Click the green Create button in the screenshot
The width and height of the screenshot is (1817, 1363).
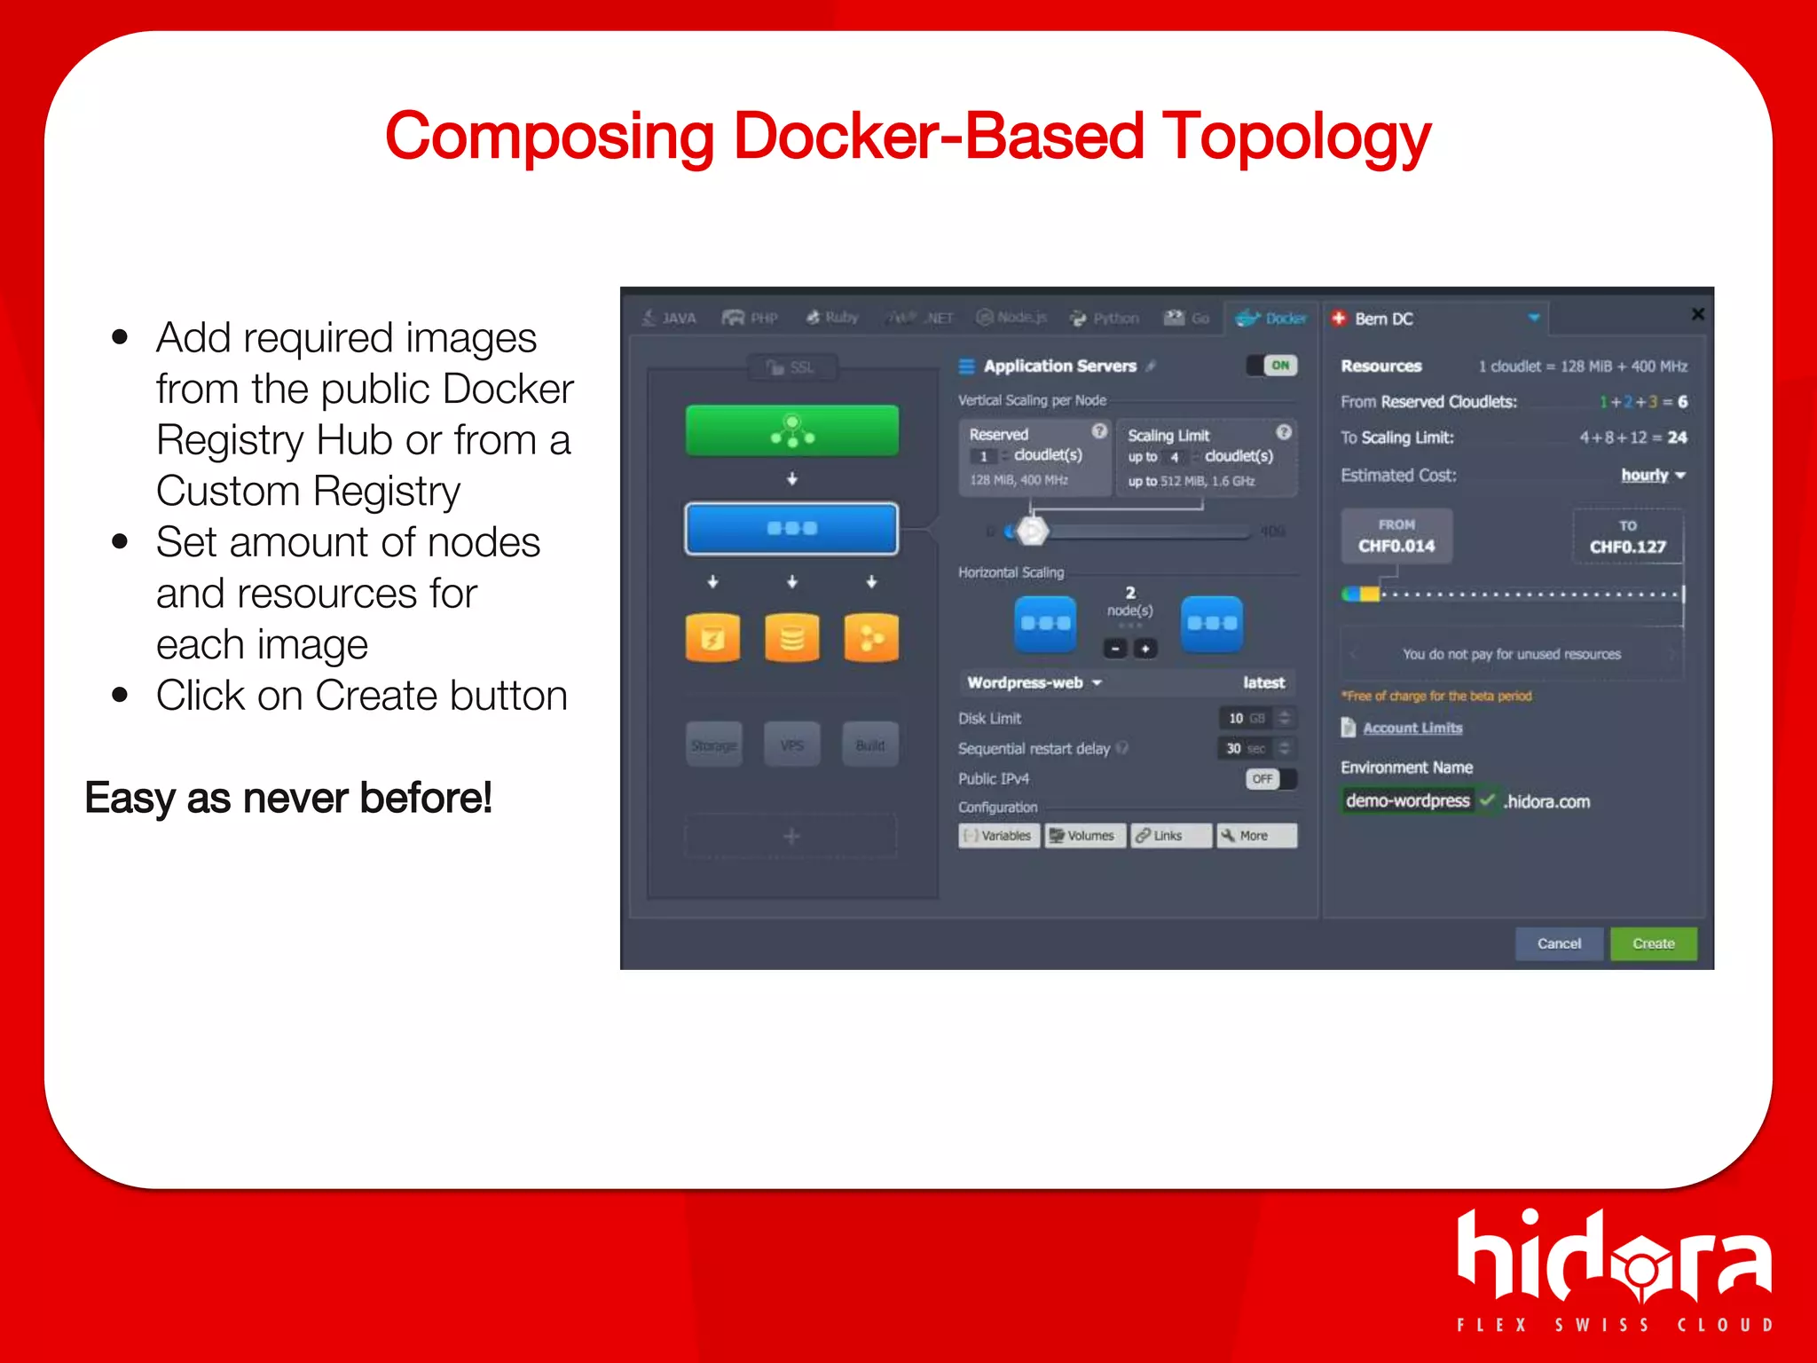(x=1653, y=943)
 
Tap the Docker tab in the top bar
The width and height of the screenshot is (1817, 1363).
(x=1273, y=318)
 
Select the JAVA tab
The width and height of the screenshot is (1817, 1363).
(x=670, y=318)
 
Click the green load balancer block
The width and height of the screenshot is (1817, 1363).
(x=791, y=430)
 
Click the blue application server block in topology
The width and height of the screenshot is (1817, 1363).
(x=791, y=528)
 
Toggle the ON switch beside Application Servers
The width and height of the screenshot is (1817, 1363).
(x=1272, y=365)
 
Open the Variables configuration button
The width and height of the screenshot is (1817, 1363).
(x=998, y=836)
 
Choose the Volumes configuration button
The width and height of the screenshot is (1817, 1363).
(x=1083, y=836)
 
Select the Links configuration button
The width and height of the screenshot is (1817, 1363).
(x=1168, y=836)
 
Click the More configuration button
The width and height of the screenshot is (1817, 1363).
(x=1255, y=836)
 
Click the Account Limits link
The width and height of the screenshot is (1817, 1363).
(x=1412, y=728)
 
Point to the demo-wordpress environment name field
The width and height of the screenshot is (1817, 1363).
(x=1407, y=800)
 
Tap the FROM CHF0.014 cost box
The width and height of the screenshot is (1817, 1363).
(x=1396, y=536)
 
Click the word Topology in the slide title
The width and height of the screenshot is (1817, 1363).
(x=1296, y=138)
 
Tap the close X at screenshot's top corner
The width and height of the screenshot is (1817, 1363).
(x=1697, y=314)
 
